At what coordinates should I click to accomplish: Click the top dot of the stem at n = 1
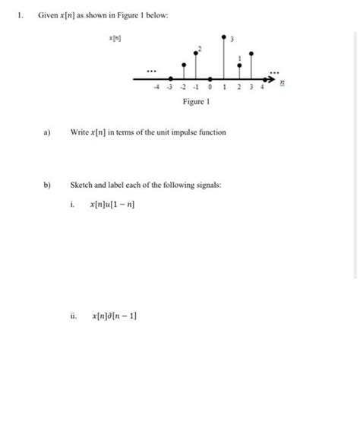click(224, 36)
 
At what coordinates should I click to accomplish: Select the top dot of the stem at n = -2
click(182, 65)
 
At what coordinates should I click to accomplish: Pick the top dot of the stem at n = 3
click(253, 65)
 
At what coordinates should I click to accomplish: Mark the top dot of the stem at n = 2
click(240, 65)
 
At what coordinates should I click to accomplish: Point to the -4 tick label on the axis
click(156, 89)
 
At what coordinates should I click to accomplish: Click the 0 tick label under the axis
click(210, 89)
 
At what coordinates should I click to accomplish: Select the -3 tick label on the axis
click(169, 89)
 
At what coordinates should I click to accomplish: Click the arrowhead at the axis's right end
click(274, 78)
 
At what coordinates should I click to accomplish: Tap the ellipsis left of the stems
click(151, 71)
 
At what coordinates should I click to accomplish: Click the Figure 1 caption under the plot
click(195, 102)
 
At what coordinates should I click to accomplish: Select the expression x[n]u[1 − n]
click(114, 205)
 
